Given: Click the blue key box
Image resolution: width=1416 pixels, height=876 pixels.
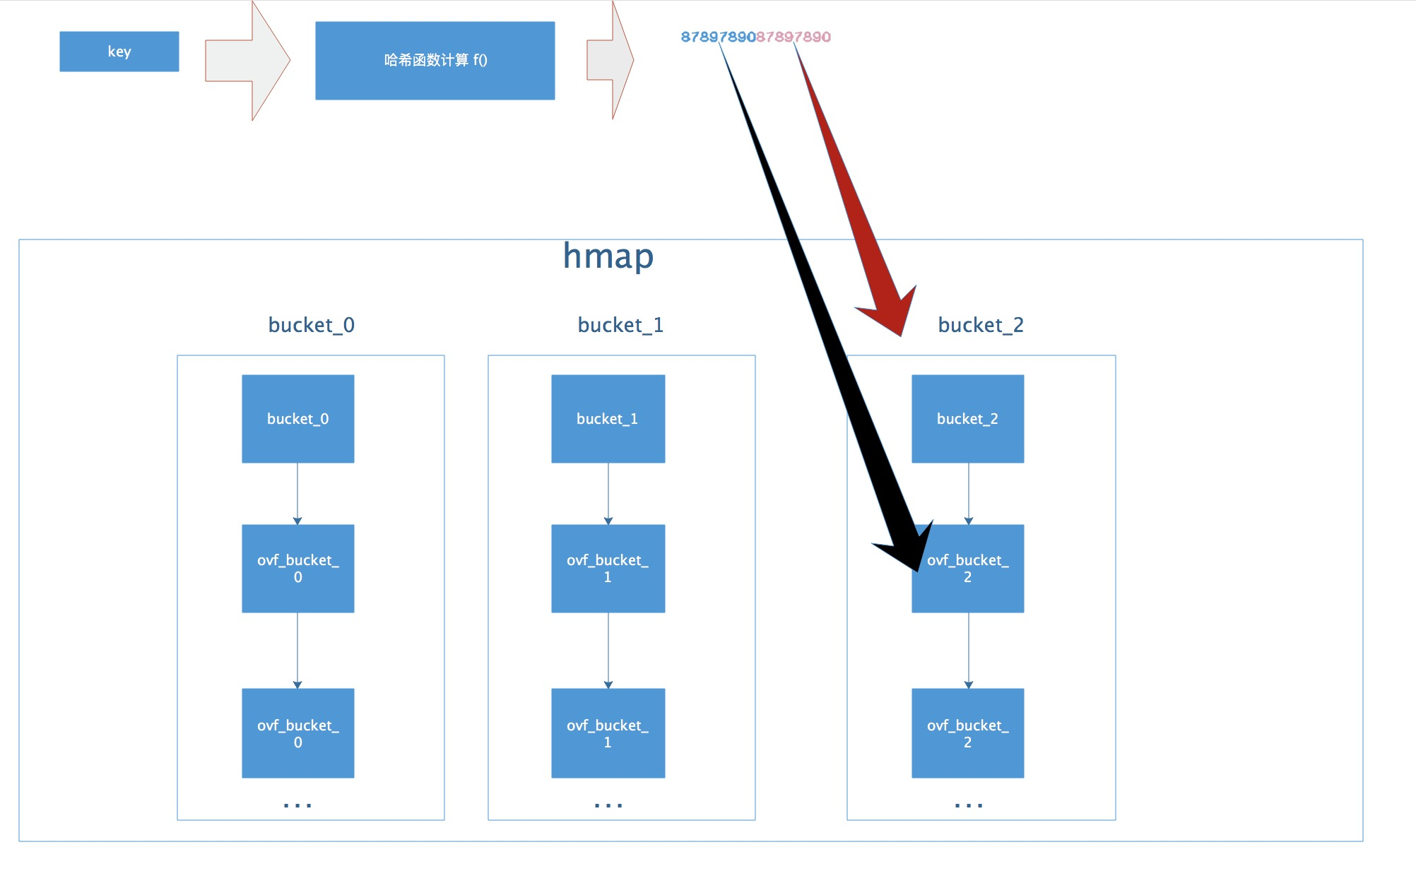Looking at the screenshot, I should coord(119,52).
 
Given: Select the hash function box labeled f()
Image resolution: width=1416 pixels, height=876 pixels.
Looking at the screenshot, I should coord(435,61).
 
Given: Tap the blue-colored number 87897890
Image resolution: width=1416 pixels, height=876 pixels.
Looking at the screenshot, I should coord(717,37).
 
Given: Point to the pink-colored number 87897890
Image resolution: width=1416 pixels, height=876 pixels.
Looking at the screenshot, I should coord(793,37).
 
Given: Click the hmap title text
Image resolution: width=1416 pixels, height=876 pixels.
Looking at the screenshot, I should coord(608,256).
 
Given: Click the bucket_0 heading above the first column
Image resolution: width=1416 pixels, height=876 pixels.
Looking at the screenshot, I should coord(311,325).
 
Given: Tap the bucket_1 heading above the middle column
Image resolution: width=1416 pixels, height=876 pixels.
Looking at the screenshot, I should coord(620,325).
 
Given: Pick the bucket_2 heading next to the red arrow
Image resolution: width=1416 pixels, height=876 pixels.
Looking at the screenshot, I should coord(980,325).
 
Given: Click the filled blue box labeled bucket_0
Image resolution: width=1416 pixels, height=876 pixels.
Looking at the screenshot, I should coord(297,419).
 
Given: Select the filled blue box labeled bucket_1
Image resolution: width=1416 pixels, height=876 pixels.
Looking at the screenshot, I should coord(608,419).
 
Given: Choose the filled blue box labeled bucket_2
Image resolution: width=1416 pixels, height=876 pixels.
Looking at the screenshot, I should coord(967,419).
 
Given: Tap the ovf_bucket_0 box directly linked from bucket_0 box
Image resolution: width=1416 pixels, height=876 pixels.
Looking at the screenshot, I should coord(297,569).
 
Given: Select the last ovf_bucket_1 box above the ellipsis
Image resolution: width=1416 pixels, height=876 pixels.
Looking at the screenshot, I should coord(608,733).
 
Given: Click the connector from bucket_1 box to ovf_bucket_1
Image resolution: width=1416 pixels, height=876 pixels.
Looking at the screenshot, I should coord(608,493).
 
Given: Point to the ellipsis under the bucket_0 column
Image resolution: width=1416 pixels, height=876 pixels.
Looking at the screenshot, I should coord(297,805).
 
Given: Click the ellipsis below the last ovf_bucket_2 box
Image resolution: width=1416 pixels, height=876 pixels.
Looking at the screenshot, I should coord(968,805).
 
